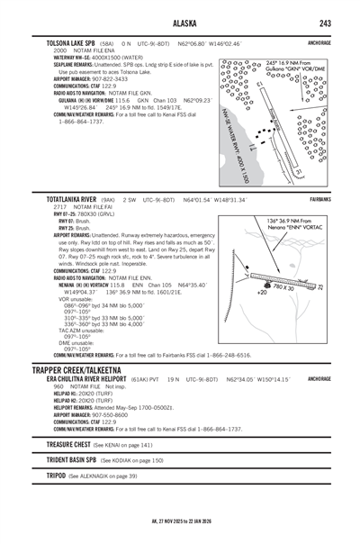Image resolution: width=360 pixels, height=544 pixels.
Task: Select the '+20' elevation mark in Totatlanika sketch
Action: (x=262, y=293)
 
